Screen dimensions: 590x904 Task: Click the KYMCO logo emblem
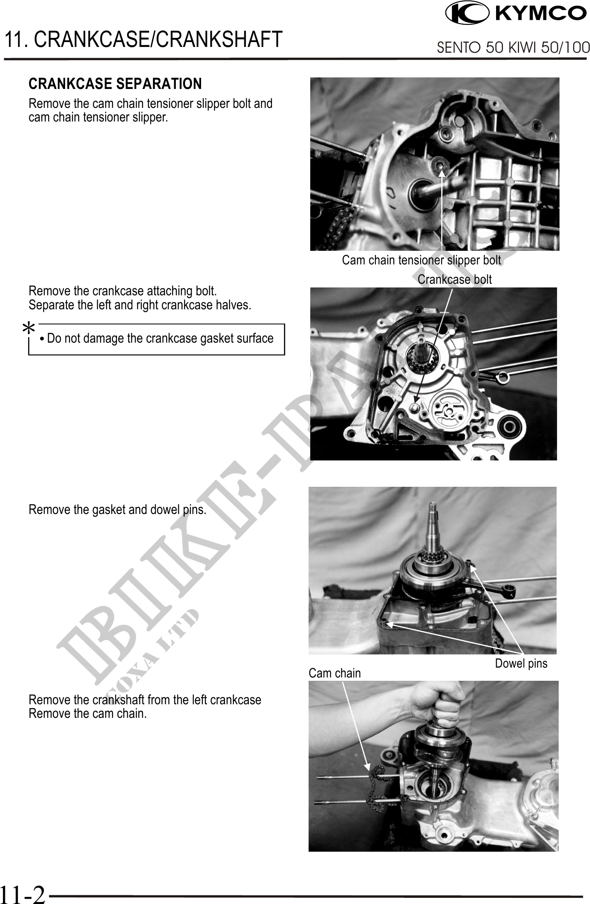(x=467, y=13)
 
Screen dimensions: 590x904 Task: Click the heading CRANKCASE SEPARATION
(x=115, y=84)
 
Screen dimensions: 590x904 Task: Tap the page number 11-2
(x=23, y=893)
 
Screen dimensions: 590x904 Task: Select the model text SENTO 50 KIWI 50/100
(x=513, y=48)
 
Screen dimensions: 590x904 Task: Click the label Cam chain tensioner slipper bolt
(x=421, y=260)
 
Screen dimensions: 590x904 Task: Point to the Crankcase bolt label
(x=454, y=280)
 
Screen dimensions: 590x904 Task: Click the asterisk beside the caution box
(x=28, y=328)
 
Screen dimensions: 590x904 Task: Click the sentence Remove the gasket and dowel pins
(x=117, y=510)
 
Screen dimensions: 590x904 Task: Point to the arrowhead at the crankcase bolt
(x=416, y=399)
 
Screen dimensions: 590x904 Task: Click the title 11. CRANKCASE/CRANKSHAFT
(x=143, y=39)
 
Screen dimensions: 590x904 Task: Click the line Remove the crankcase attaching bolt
(x=123, y=291)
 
